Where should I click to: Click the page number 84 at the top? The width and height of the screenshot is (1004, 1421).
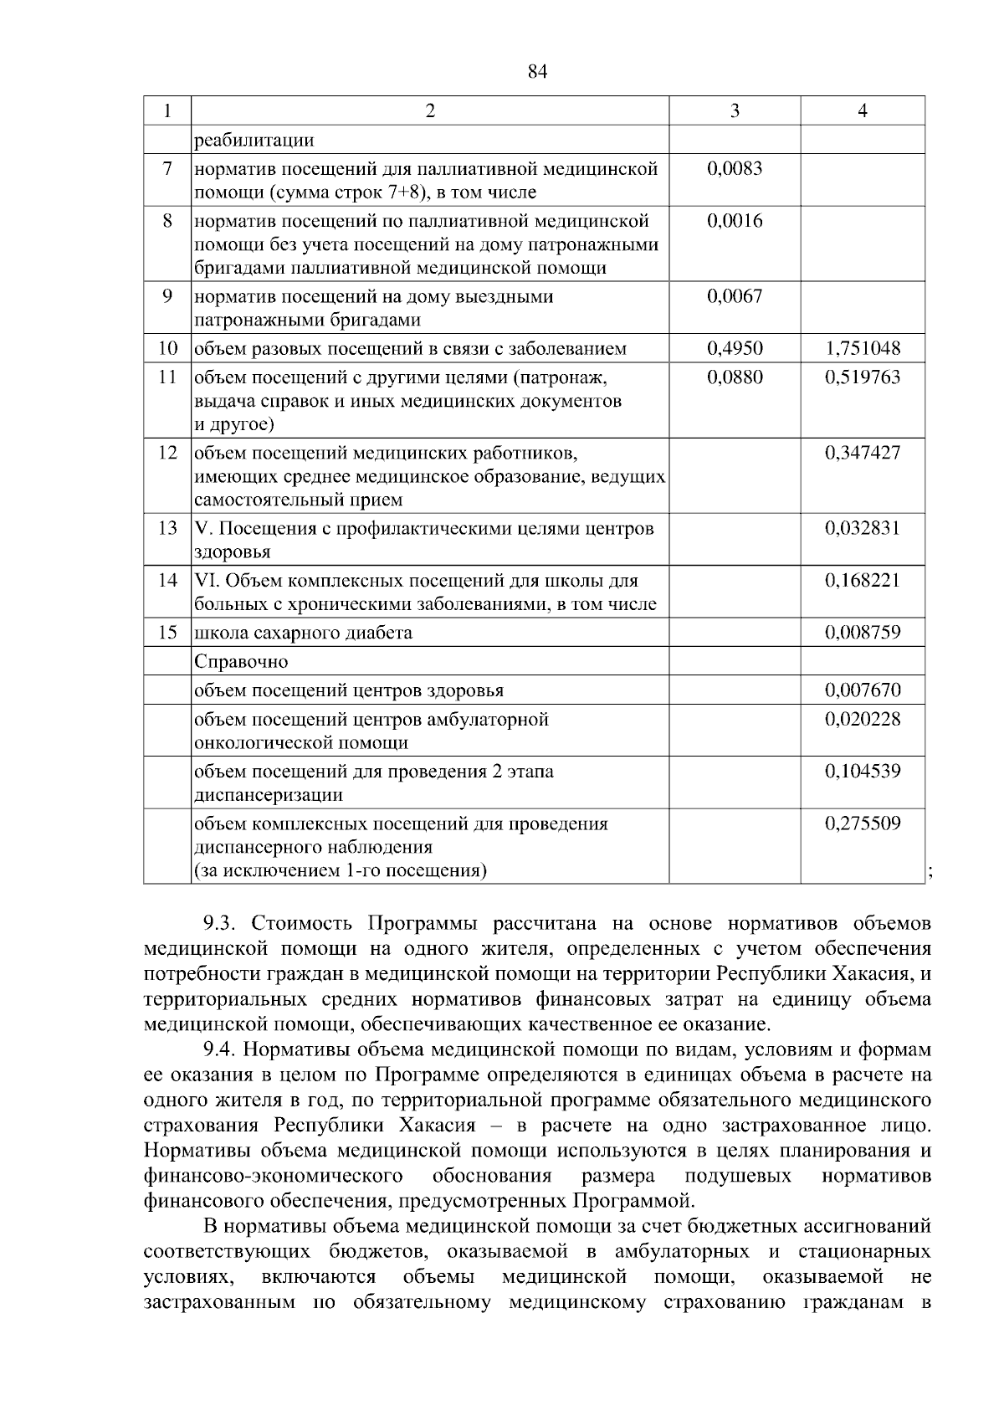538,72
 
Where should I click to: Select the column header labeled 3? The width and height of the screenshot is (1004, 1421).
734,110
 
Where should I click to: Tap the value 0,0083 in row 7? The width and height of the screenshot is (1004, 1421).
734,169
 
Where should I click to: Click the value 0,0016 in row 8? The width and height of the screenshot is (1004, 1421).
734,221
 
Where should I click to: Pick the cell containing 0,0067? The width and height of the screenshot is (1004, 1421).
734,296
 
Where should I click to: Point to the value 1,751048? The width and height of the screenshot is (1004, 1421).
863,348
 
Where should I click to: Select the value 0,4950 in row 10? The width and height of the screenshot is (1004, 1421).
734,348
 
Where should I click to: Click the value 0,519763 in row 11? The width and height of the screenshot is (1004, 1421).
863,377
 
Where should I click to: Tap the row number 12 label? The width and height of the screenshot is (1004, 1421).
167,453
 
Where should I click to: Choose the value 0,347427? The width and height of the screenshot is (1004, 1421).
863,453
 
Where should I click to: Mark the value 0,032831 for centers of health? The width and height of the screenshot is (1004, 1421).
863,528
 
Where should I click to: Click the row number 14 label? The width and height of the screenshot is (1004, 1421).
167,580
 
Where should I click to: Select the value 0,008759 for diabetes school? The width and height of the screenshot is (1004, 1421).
863,632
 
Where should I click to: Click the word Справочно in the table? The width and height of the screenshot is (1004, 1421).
241,662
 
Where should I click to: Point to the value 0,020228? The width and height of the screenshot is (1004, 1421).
863,719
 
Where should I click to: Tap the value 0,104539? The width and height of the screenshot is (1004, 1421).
863,771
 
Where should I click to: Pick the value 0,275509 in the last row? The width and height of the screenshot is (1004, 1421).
863,823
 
